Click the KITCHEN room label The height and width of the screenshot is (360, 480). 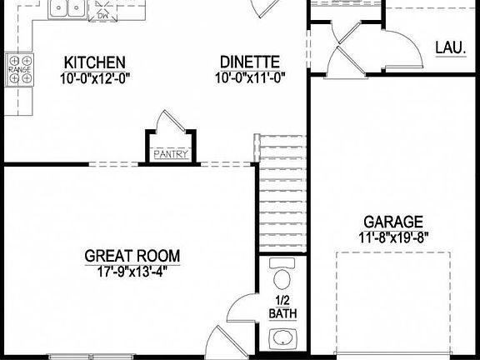tap(95, 62)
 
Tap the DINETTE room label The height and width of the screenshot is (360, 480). tap(249, 62)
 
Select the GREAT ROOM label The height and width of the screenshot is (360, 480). tap(132, 256)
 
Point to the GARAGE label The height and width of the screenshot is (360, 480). tap(393, 222)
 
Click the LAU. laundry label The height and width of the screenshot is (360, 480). tap(450, 47)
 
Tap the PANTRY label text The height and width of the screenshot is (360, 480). tap(171, 154)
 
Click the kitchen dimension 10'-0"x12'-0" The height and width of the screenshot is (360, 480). tap(95, 78)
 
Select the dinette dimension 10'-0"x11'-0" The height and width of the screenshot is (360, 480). tap(249, 78)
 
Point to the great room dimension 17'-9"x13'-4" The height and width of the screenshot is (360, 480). tap(132, 271)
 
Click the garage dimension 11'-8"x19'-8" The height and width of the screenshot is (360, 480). tap(393, 237)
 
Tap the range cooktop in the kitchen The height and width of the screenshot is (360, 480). tap(19, 70)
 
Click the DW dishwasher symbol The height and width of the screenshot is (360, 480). tap(102, 14)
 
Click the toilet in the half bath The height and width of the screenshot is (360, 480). tap(282, 277)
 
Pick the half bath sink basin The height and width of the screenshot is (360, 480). tap(282, 339)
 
